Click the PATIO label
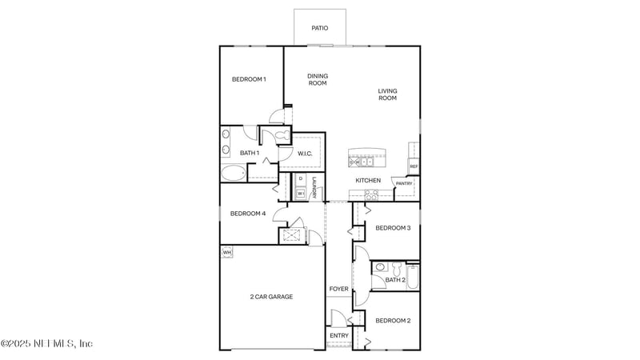click(x=320, y=28)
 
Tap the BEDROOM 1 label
click(x=249, y=79)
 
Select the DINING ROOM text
click(x=318, y=79)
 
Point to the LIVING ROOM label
click(x=387, y=94)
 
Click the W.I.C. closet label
click(x=305, y=153)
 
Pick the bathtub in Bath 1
click(x=234, y=172)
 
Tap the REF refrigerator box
click(x=414, y=166)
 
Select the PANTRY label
click(x=404, y=183)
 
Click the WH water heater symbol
click(x=226, y=253)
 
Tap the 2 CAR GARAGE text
click(x=271, y=297)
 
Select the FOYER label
click(x=338, y=289)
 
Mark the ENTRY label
click(x=339, y=335)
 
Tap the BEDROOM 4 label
click(x=248, y=214)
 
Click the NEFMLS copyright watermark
click(x=46, y=343)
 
